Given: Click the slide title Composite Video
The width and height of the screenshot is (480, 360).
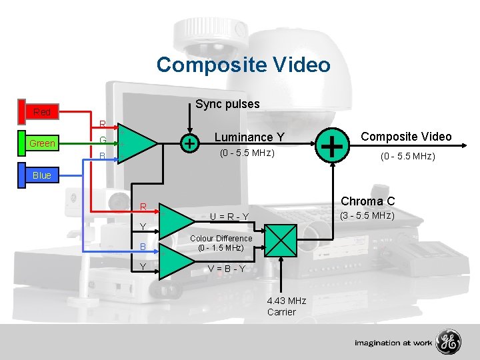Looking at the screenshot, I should pos(243,65).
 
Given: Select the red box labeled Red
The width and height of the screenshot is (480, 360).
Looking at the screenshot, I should pos(41,111).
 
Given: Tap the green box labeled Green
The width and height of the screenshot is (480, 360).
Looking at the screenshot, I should pos(42,143).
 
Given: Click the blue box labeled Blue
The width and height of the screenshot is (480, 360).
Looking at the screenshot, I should pos(41,175).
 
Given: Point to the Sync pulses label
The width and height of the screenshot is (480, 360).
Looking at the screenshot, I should pos(227,104).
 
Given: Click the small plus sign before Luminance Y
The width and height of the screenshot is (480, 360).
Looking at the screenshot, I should pos(191,143).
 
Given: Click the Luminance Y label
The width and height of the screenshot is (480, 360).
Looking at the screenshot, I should pos(249,137).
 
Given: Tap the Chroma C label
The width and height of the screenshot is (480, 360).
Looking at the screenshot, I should pos(367,201).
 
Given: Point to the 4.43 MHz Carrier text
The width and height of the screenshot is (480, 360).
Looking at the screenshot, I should pos(286,307).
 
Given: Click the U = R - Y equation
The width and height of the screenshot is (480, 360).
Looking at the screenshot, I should pos(229,216).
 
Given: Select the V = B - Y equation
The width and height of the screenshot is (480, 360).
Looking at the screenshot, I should pos(227,269).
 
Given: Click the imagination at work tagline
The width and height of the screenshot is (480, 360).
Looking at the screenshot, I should pos(393,343).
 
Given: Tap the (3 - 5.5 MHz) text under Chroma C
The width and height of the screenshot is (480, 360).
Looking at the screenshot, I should pos(367,215).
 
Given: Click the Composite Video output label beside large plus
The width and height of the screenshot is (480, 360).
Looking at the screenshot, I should pos(406,137).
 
